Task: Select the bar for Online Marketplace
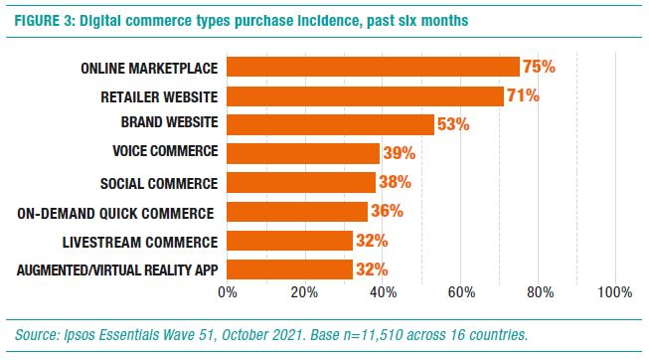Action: [x=373, y=67]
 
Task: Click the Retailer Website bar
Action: [x=365, y=95]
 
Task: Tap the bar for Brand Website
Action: [x=330, y=124]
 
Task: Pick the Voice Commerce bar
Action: [x=303, y=153]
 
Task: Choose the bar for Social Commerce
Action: [x=301, y=183]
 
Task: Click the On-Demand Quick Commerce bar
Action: [x=297, y=212]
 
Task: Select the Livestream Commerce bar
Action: [x=289, y=241]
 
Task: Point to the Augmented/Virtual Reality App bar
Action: [x=289, y=270]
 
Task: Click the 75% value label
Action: [x=539, y=67]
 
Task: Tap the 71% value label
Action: [x=523, y=95]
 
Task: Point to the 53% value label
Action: [x=452, y=124]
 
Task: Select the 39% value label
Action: [x=399, y=153]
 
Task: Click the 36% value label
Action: [x=387, y=212]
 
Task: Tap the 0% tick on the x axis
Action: [x=227, y=292]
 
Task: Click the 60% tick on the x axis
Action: [x=461, y=292]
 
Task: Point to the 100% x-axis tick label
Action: [x=614, y=292]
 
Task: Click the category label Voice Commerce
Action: [x=160, y=153]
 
